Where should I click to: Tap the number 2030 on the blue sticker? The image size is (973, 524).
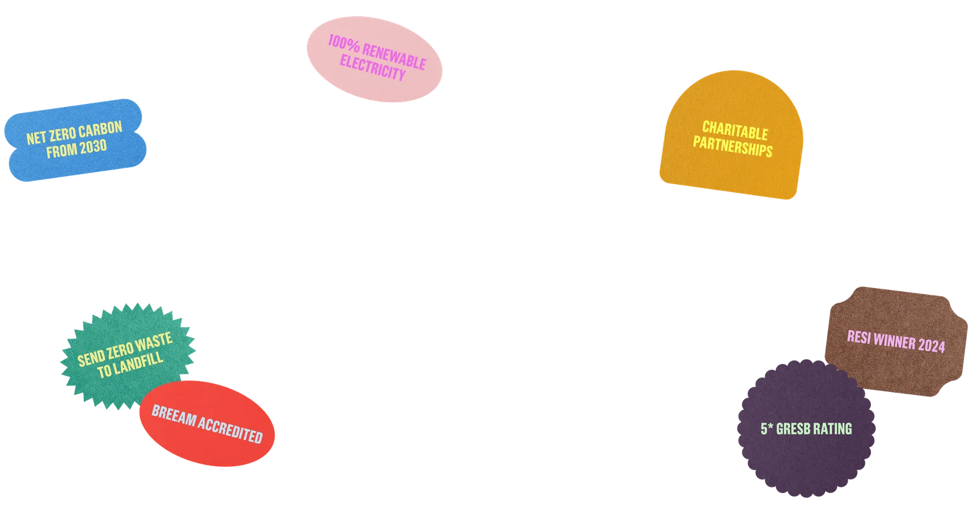[92, 148]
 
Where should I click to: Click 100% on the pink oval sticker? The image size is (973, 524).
[344, 43]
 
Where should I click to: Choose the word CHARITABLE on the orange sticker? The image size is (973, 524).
[735, 131]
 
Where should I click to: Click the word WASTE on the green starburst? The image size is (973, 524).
[153, 342]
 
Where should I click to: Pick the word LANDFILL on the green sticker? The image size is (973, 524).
[138, 364]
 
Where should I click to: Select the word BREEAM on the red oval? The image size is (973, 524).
[174, 415]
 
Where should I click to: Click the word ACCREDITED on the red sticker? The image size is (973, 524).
[230, 430]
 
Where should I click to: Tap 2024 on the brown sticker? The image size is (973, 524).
[932, 345]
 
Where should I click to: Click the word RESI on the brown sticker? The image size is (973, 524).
[859, 337]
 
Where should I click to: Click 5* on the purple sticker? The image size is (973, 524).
[767, 429]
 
